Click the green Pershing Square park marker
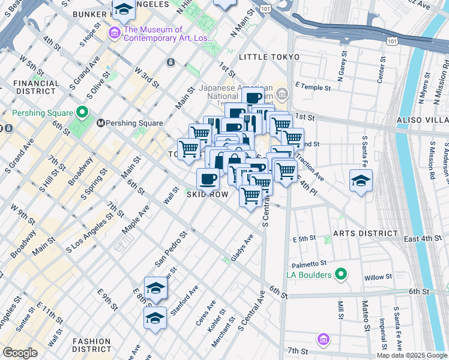click(x=82, y=113)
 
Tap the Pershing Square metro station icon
click(x=101, y=123)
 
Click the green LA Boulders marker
click(x=341, y=275)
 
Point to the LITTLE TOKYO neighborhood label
click(x=269, y=57)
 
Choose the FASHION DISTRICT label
click(x=91, y=344)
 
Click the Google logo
click(x=20, y=353)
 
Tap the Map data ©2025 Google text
click(x=412, y=355)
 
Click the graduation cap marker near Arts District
click(x=361, y=180)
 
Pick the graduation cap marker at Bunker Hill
click(x=124, y=10)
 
